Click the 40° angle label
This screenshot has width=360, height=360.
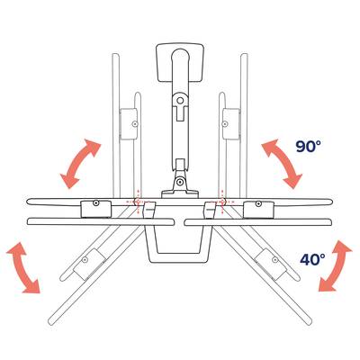coord(312,259)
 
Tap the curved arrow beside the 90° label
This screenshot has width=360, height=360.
coord(282,164)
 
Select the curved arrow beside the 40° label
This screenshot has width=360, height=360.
coord(335,265)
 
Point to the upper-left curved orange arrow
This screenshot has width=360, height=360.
coord(80,164)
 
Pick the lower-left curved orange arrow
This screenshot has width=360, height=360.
coord(22,268)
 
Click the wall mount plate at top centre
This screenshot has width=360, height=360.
coord(180,62)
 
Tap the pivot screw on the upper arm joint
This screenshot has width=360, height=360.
coord(180,101)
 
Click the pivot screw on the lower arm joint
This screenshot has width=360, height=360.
coord(180,182)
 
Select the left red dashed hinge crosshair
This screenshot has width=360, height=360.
coord(138,202)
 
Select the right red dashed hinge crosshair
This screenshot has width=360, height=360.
coord(222,202)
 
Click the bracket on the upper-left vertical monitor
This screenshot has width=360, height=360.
coord(129,124)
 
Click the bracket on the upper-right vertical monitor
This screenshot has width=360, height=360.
coord(231,124)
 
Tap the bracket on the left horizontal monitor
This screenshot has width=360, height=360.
coord(96,209)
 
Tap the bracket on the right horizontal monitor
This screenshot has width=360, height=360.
coord(258,210)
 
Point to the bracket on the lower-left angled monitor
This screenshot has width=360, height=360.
coord(90,265)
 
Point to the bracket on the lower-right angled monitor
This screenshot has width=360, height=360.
coord(270,265)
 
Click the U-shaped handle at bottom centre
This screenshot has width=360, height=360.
coord(179,245)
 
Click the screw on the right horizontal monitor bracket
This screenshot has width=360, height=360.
coord(258,204)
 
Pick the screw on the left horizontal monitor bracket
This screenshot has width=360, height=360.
coord(96,203)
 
